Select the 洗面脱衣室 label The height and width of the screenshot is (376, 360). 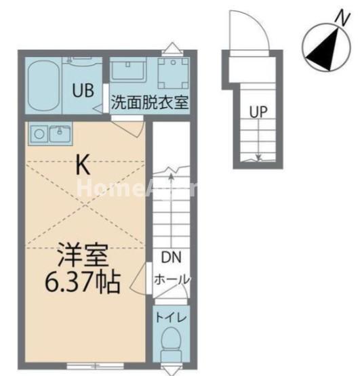[150, 103]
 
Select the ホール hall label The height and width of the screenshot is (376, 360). [172, 279]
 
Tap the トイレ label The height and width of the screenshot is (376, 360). [172, 316]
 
